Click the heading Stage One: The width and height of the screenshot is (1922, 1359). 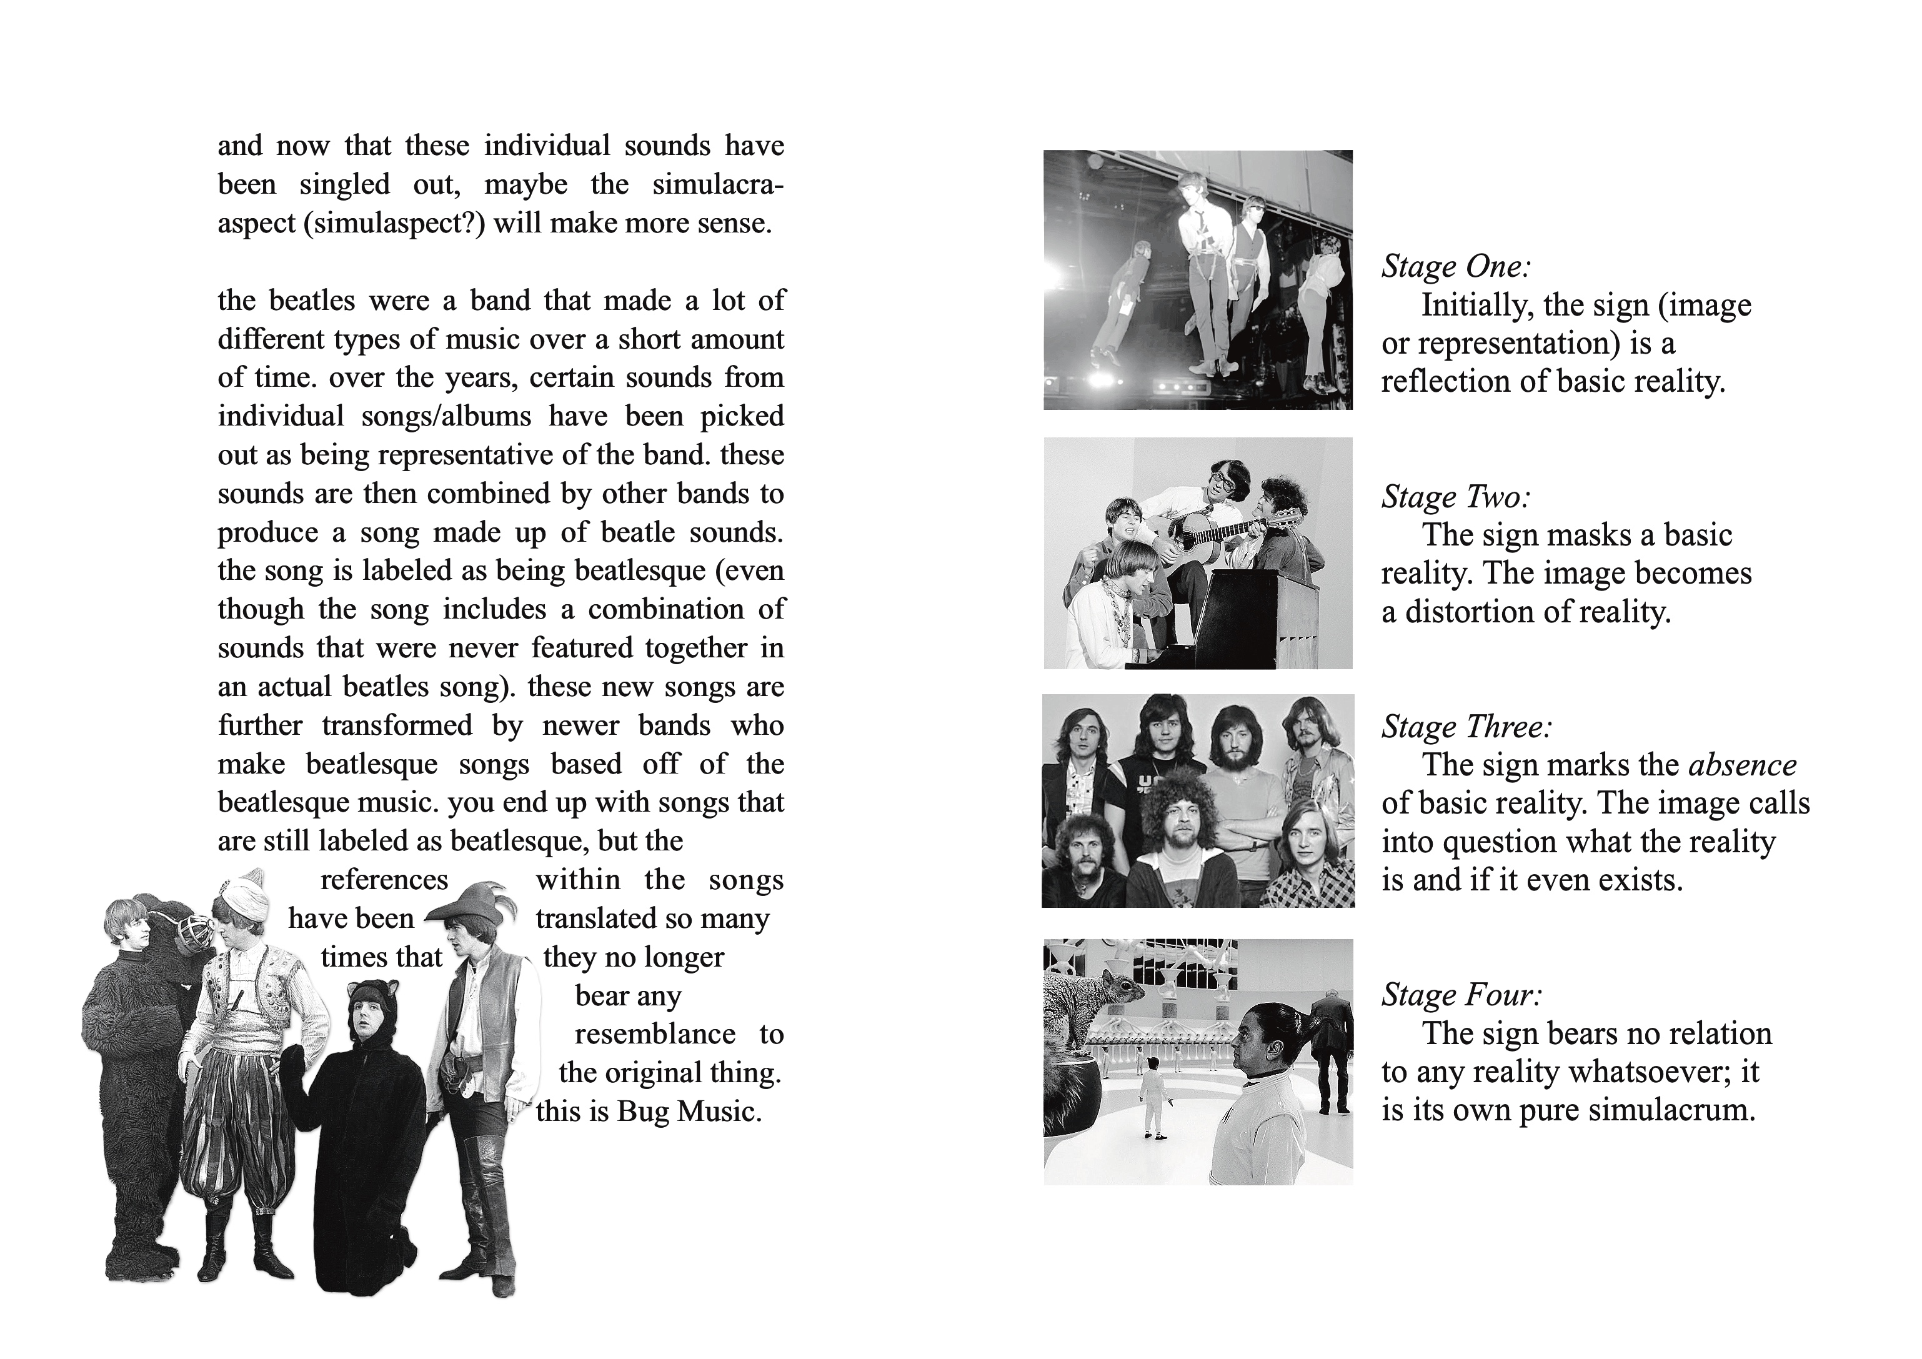pyautogui.click(x=1456, y=267)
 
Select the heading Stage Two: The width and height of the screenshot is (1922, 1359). pyautogui.click(x=1456, y=497)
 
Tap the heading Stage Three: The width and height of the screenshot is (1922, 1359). pyautogui.click(x=1466, y=727)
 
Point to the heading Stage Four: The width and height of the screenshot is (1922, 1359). pyautogui.click(x=1461, y=995)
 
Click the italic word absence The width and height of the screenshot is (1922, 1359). pyautogui.click(x=1742, y=765)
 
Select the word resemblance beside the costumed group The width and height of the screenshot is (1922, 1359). pyautogui.click(x=655, y=1034)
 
